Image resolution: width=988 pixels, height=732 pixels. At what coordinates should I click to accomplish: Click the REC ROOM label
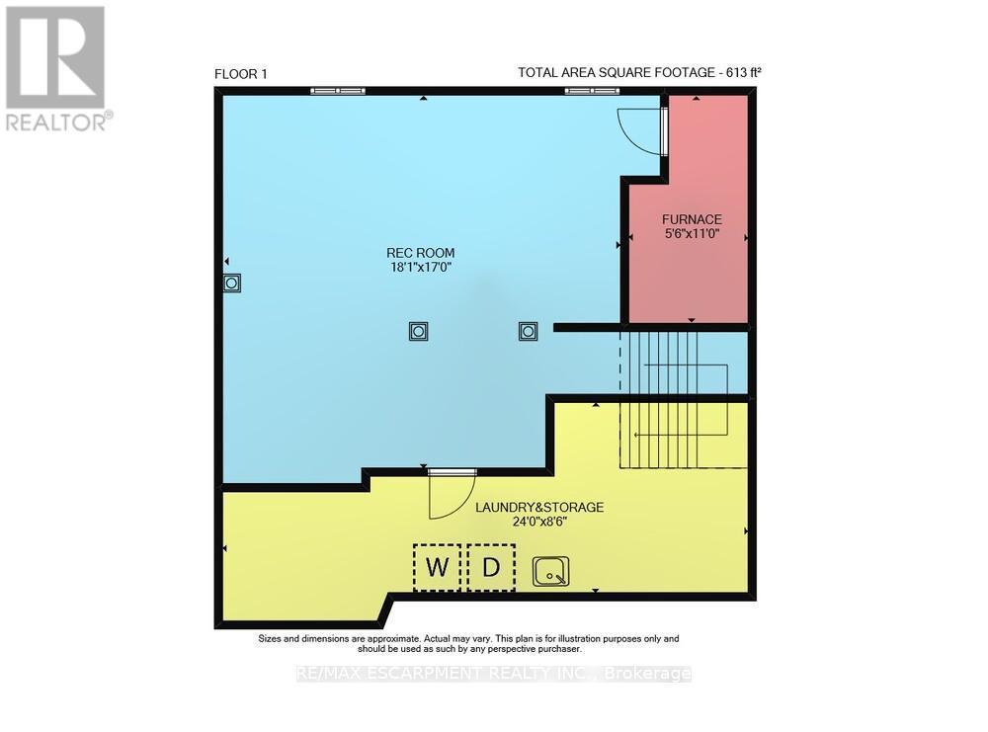(x=422, y=253)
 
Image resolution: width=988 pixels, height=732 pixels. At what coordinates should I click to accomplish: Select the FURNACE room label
(x=692, y=219)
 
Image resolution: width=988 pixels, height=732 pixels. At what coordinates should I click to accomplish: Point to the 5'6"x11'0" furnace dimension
(x=692, y=235)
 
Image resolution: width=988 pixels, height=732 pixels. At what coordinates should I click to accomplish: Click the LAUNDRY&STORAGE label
(x=539, y=507)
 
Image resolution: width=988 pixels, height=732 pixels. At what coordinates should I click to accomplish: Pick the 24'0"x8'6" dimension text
(x=539, y=522)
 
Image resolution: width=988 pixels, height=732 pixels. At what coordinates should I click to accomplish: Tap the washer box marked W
(x=437, y=568)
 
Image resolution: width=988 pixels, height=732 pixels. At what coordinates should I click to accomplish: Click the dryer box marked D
(x=491, y=568)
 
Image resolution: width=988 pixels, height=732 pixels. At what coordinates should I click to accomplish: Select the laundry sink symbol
(x=550, y=571)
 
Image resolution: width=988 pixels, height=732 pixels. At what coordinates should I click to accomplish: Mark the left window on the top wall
(x=338, y=91)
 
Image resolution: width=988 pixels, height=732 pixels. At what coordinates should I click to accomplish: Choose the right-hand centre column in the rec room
(x=528, y=331)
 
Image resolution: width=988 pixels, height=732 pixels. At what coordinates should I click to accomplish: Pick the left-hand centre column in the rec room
(x=418, y=331)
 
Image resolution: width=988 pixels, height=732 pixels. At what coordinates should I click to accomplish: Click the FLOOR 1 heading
(x=240, y=73)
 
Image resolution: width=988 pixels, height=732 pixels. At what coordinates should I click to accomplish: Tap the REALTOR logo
(x=57, y=68)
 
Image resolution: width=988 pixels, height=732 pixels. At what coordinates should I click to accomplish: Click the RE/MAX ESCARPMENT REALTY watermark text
(x=494, y=674)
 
